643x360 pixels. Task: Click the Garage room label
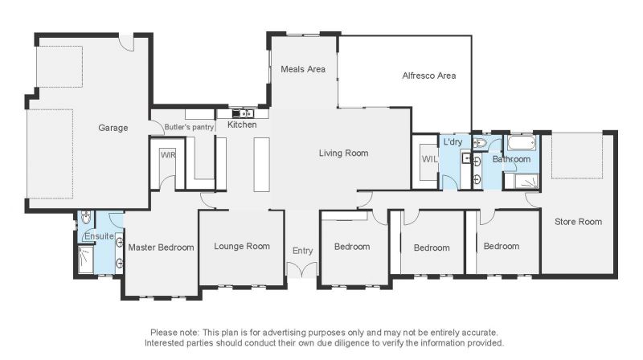[x=113, y=128]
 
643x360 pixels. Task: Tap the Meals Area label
[x=303, y=69]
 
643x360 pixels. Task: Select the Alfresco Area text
[x=429, y=76]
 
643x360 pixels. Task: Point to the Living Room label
[x=344, y=153]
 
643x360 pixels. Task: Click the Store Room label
[x=578, y=222]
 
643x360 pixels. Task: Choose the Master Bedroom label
[x=162, y=247]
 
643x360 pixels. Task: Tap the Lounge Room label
[x=242, y=247]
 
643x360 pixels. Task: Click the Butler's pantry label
[x=189, y=127]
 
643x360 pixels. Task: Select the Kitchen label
[x=242, y=125]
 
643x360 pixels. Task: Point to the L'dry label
[x=453, y=142]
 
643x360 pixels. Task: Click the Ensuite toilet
[x=86, y=217]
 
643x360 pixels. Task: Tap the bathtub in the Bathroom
[x=521, y=143]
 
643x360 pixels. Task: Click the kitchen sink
[x=243, y=113]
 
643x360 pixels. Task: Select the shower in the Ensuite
[x=86, y=260]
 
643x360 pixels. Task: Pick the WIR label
[x=168, y=155]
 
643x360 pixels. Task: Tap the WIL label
[x=429, y=159]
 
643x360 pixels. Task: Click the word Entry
[x=303, y=251]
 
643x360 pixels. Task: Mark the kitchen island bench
[x=262, y=165]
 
